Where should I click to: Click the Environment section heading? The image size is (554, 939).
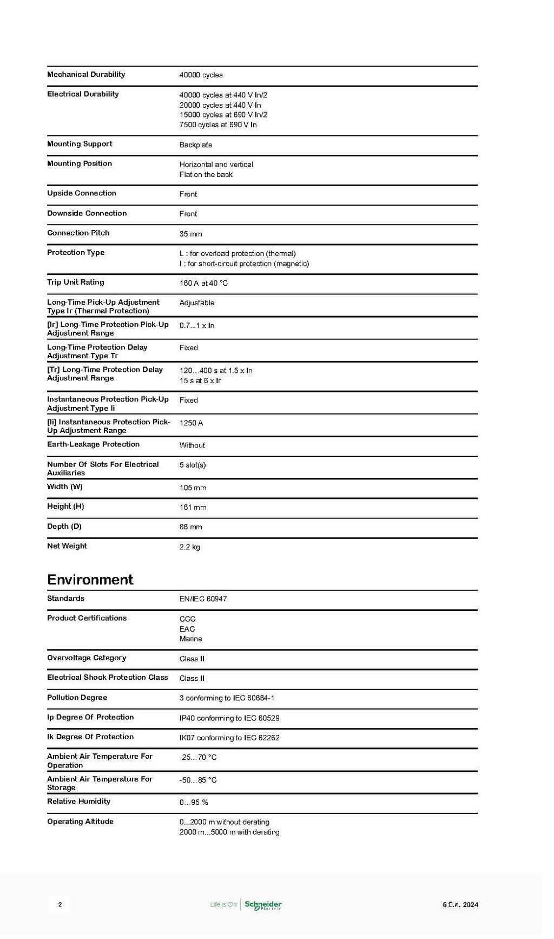(90, 580)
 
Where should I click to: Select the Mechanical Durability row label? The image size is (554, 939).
(86, 75)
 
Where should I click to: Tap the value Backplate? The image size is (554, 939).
(196, 145)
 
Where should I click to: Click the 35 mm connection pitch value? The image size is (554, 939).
(190, 234)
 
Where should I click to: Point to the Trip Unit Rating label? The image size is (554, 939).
(75, 283)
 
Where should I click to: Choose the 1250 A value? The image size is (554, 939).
(191, 423)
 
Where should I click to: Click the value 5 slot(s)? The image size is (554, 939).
(193, 465)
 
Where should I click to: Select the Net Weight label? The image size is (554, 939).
(67, 546)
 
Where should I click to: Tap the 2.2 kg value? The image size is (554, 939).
(189, 547)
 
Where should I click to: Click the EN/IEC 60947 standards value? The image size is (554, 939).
(203, 599)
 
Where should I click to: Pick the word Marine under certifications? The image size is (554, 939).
(190, 639)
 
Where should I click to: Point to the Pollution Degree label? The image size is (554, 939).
(77, 698)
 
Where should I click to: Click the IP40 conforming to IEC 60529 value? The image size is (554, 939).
(229, 718)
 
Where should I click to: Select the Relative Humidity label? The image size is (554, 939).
(78, 802)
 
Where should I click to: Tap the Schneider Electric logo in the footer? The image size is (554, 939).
(263, 905)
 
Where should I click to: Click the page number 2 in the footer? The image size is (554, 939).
(60, 904)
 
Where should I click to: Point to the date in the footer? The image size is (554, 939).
(460, 905)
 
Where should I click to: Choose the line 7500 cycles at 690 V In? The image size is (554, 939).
(218, 125)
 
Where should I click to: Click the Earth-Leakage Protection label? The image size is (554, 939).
(93, 444)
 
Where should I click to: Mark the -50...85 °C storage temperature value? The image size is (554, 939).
(198, 780)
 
